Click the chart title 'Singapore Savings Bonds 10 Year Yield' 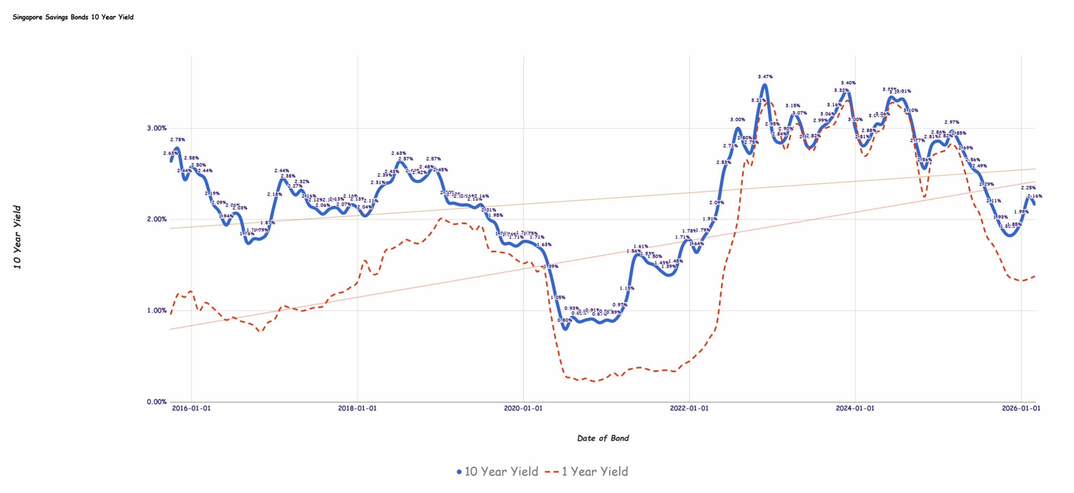73,17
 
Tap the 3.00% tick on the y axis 156,128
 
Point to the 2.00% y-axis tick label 156,219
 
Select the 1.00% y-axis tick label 156,310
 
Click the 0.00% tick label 156,402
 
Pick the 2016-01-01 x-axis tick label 191,408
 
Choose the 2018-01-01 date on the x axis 357,408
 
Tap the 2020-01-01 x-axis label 523,408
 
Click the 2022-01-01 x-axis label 689,408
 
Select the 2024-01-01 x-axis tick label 855,408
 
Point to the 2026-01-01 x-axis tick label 1021,408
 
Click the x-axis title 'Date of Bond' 603,438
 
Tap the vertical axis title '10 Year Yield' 17,237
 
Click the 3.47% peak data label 765,77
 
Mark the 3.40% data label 848,83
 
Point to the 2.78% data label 177,140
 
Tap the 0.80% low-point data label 564,320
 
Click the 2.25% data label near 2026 1028,188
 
